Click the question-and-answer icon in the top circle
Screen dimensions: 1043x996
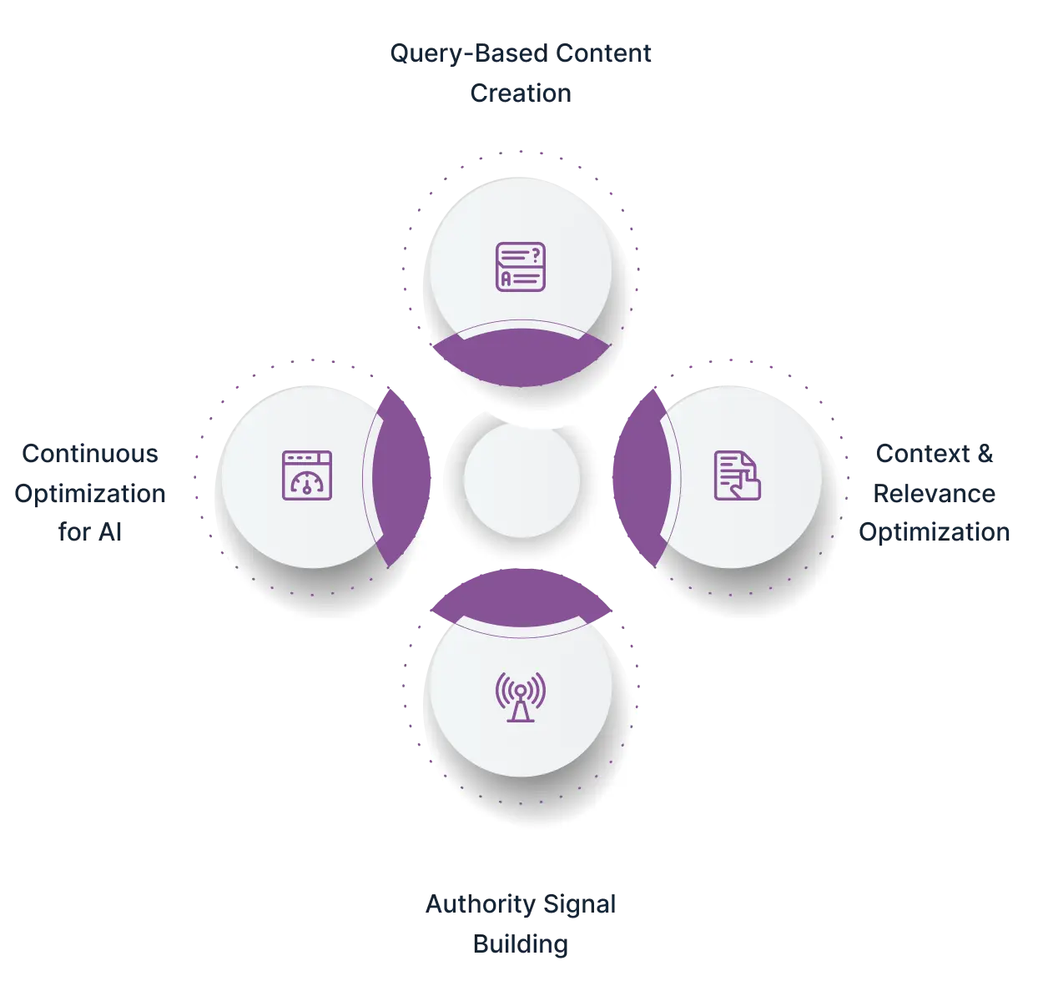click(521, 267)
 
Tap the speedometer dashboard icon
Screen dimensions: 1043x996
click(307, 475)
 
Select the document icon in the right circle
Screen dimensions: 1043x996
click(737, 475)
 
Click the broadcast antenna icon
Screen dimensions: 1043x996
click(521, 697)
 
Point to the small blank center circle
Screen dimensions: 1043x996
click(521, 479)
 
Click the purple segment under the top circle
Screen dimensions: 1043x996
click(521, 357)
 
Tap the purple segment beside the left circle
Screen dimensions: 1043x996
click(401, 477)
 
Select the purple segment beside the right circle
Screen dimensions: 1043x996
click(642, 477)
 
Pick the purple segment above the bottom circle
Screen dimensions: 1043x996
click(521, 597)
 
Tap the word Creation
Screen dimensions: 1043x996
click(521, 93)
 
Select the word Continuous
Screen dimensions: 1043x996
click(90, 454)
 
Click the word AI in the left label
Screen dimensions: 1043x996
click(110, 532)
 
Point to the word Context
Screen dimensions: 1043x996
click(923, 454)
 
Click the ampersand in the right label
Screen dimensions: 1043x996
click(985, 454)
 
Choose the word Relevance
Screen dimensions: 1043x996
click(935, 494)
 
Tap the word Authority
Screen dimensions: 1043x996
click(481, 905)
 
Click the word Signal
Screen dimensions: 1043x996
click(579, 905)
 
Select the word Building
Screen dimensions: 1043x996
click(521, 944)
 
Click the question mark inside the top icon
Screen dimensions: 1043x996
click(535, 254)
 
